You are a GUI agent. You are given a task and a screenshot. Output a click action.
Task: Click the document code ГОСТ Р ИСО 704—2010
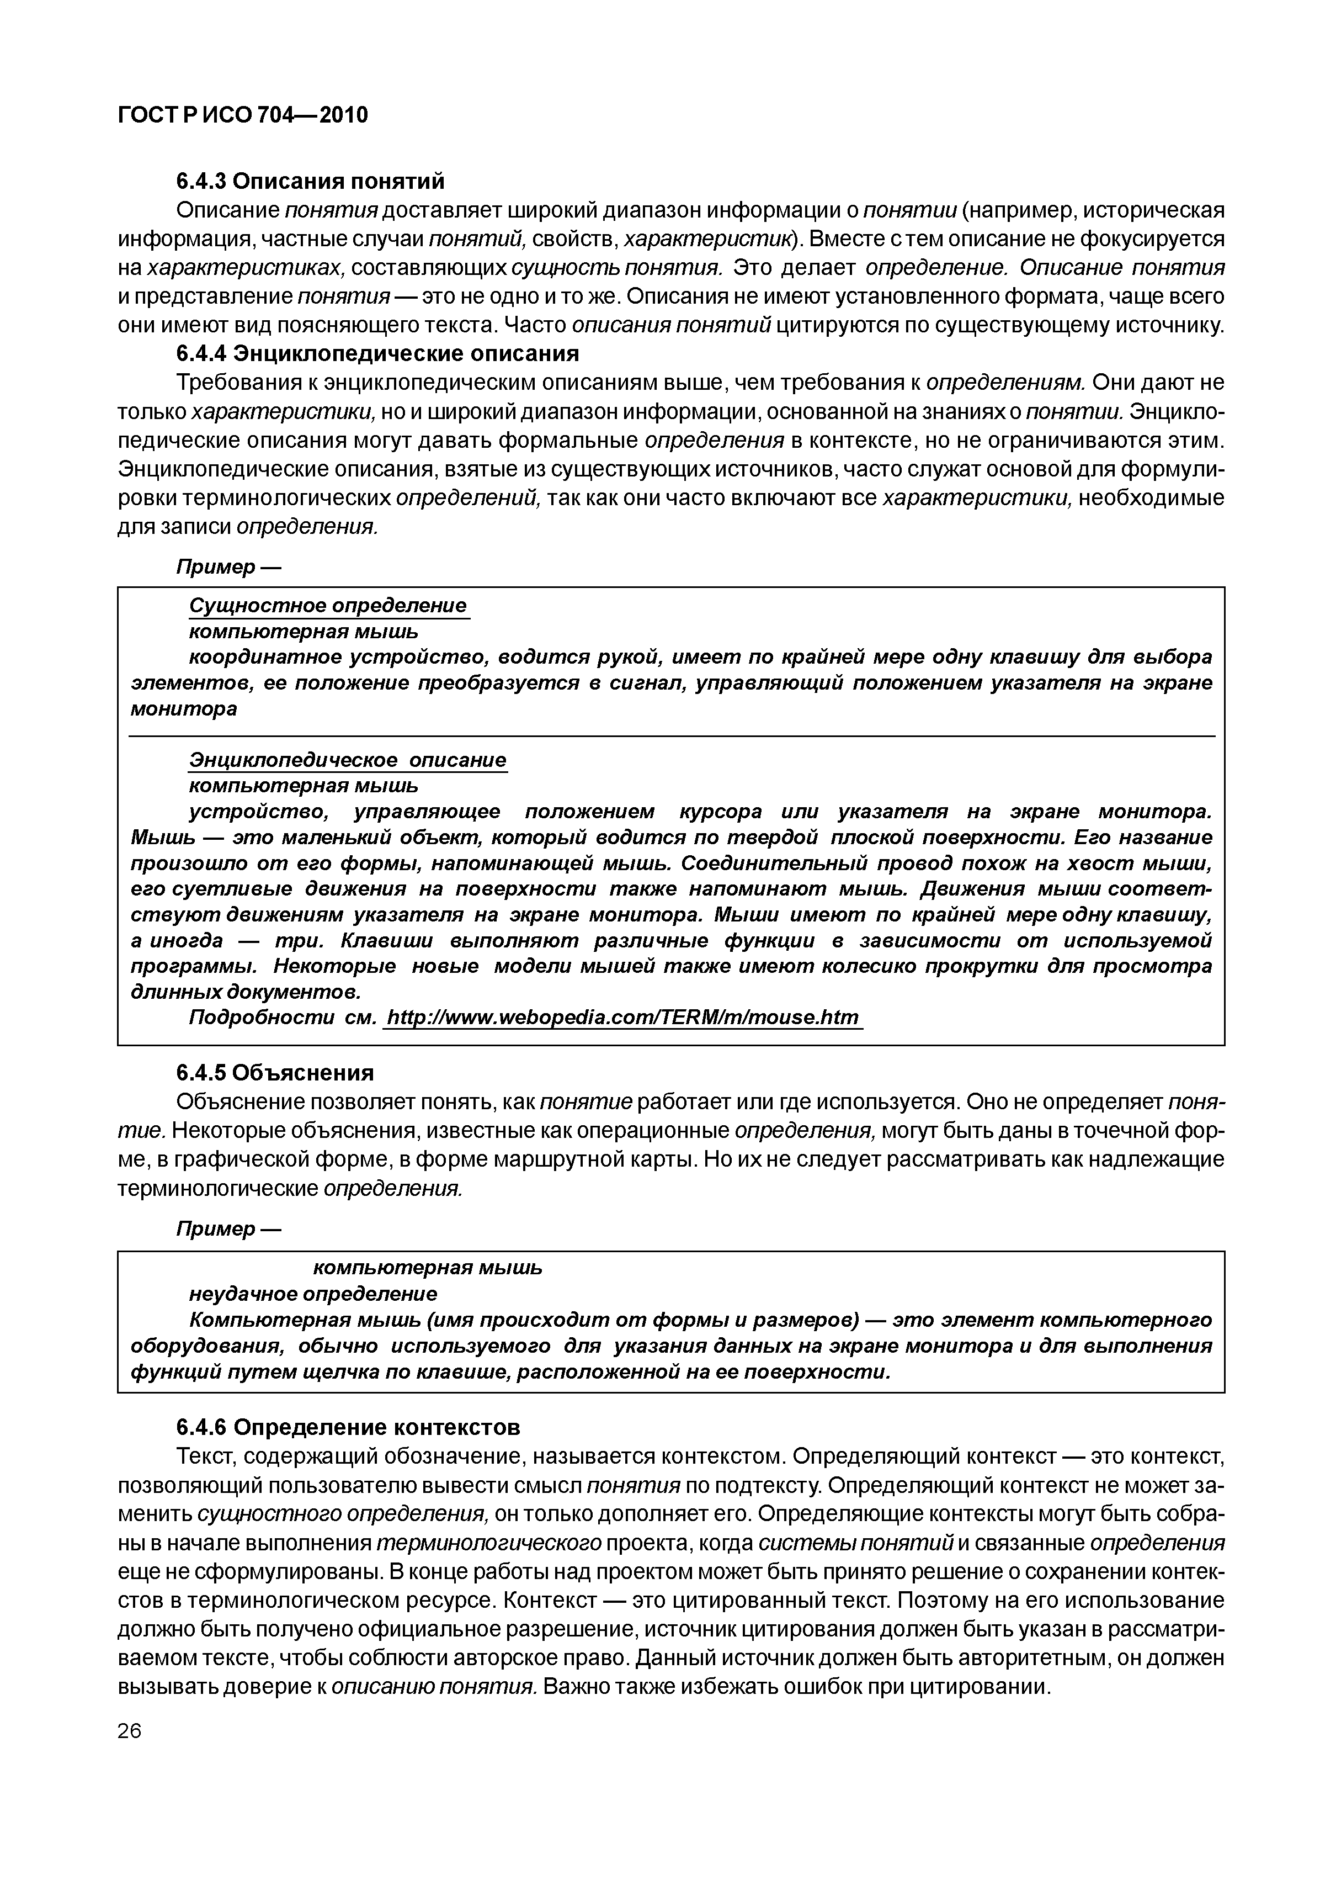243,115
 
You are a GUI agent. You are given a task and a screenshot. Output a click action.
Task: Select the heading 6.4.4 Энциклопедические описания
378,353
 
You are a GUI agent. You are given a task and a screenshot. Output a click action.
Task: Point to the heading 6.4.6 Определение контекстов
348,1426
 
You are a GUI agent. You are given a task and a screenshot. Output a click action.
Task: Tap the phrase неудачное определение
313,1293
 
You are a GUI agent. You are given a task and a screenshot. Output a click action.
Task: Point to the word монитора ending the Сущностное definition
184,708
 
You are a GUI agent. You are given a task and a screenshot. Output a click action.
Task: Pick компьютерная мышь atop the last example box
427,1268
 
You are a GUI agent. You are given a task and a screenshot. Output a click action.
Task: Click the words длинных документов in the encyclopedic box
246,991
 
